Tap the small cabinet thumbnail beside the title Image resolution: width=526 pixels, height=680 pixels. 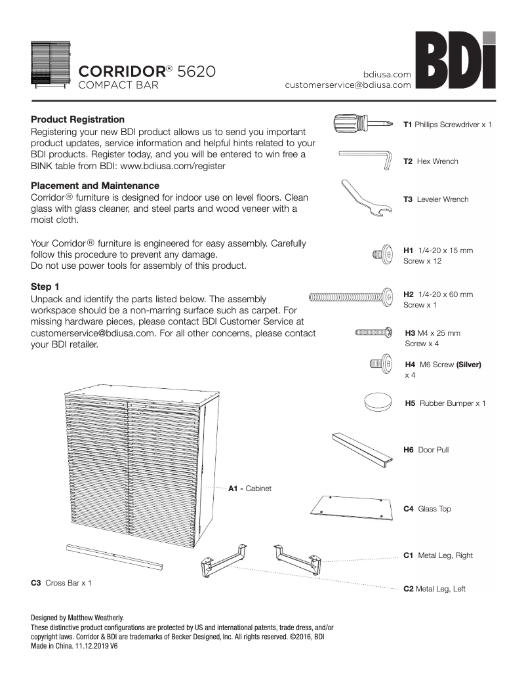50,64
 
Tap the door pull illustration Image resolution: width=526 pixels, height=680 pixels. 361,449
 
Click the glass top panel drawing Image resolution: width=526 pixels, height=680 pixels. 353,507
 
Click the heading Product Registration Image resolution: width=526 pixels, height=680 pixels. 77,119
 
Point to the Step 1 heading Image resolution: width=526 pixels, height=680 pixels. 45,287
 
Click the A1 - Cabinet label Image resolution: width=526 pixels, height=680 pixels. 249,489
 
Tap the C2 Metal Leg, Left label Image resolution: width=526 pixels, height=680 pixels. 434,589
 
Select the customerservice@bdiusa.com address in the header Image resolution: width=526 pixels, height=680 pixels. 348,85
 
